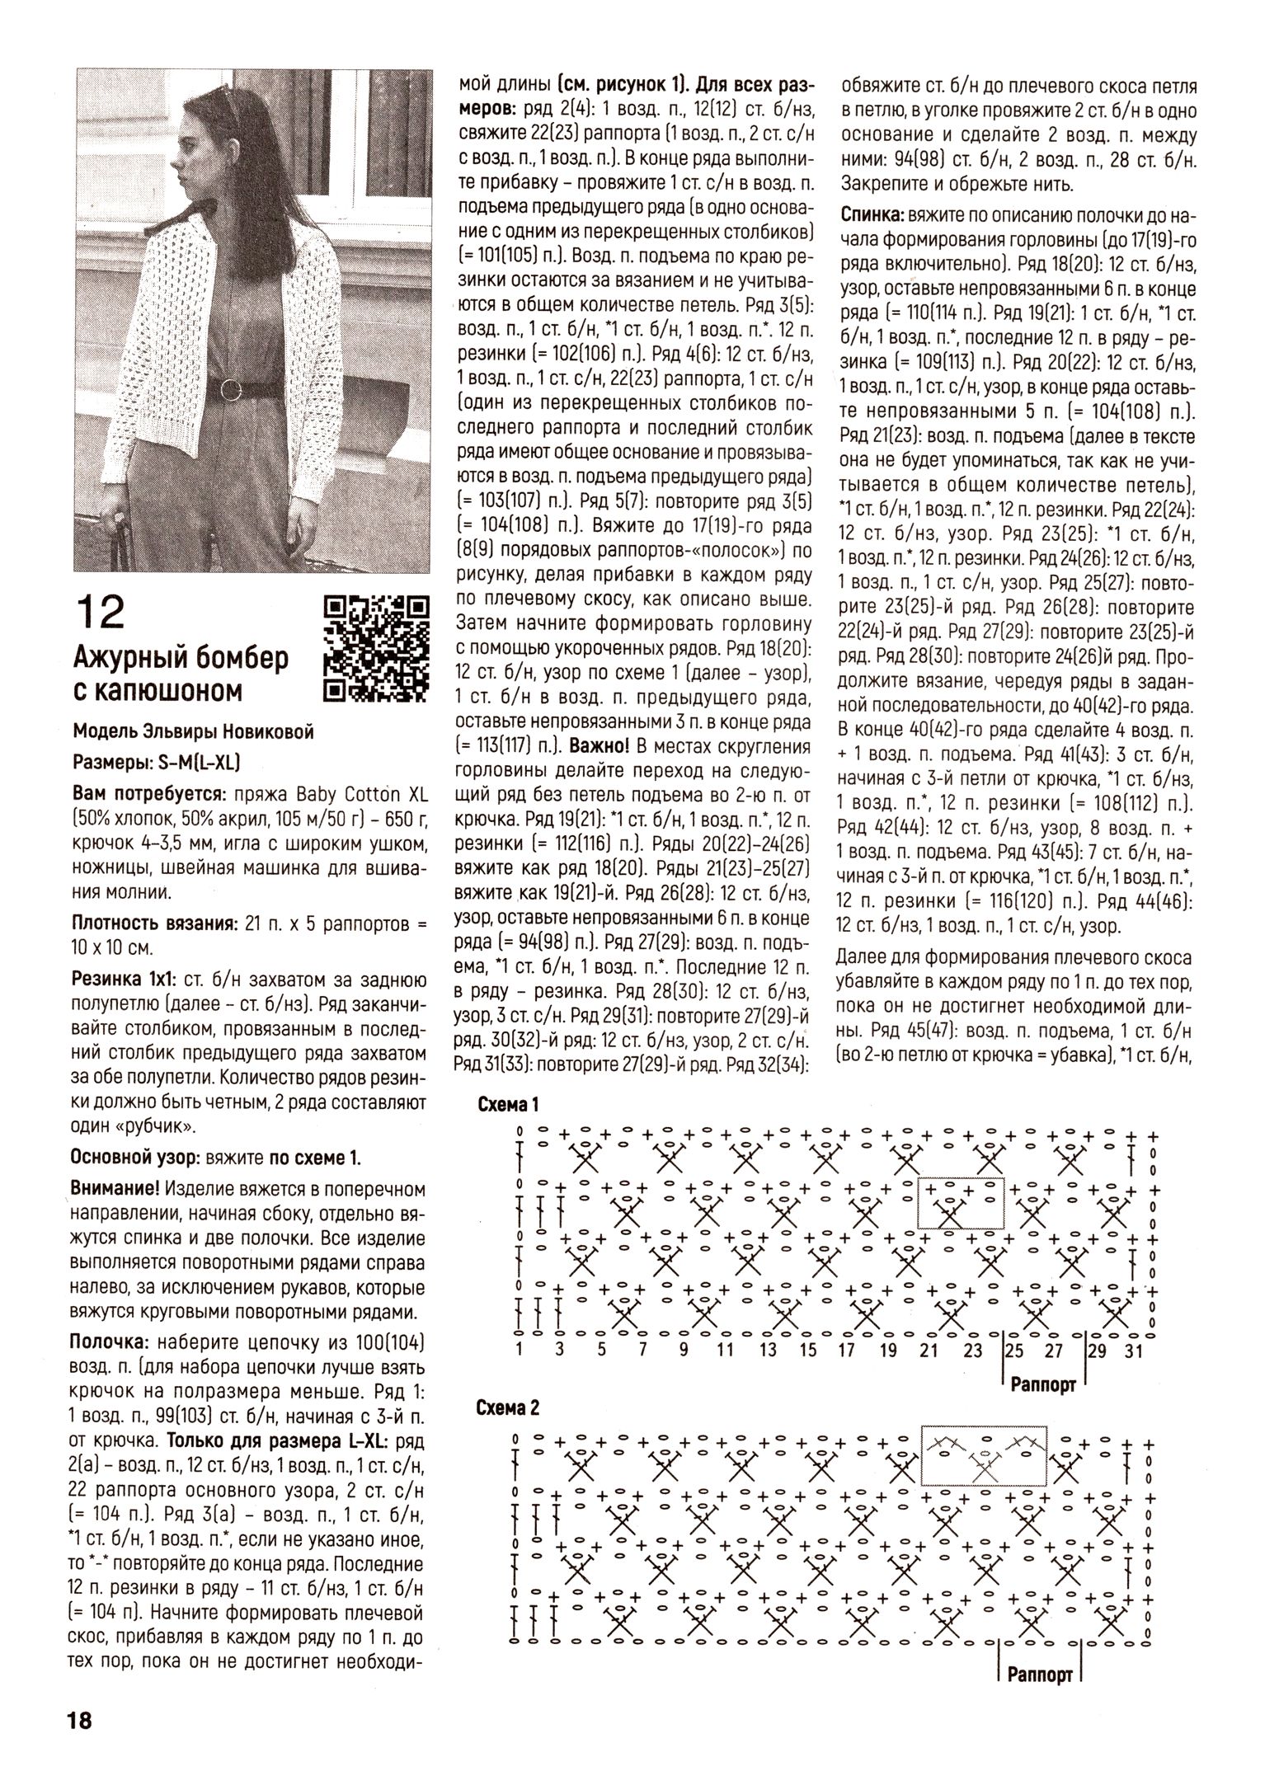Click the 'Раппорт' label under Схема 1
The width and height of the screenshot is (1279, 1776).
click(x=1044, y=1385)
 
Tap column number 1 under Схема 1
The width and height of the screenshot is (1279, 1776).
click(x=519, y=1350)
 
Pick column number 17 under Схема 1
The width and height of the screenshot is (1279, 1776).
click(x=846, y=1350)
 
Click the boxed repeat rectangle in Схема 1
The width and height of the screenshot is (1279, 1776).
click(x=962, y=1203)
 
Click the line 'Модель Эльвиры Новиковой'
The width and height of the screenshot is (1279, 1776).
click(x=193, y=732)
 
